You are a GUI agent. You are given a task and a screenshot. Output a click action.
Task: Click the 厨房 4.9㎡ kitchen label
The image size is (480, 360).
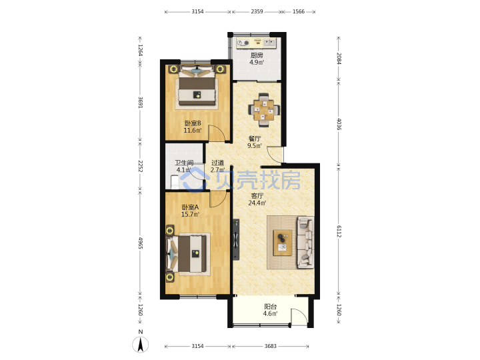[x=257, y=59]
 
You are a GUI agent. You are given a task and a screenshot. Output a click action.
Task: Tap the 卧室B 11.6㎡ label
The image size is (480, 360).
[x=193, y=127]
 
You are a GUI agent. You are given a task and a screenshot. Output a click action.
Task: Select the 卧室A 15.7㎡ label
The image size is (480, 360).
[x=190, y=211]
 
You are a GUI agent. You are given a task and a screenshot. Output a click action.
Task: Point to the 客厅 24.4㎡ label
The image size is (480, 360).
[x=257, y=199]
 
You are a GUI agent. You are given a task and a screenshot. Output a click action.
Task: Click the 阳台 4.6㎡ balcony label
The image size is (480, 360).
[x=270, y=310]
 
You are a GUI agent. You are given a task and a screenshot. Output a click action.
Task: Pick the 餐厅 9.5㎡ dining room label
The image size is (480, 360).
[x=255, y=142]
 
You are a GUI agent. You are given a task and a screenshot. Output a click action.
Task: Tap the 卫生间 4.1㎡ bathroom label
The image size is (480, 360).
[x=184, y=166]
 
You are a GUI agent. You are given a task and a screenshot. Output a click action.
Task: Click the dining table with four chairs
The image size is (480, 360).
[x=264, y=110]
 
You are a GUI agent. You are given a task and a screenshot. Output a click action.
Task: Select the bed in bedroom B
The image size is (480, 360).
[x=197, y=87]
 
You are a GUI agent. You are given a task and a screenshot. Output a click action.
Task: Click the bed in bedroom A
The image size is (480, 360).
[x=187, y=253]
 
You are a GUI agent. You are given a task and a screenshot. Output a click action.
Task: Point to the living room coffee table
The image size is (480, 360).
[x=283, y=243]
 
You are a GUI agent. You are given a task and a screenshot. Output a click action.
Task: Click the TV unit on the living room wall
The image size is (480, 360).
[x=236, y=239]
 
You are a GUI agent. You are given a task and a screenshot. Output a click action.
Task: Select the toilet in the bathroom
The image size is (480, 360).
[x=174, y=182]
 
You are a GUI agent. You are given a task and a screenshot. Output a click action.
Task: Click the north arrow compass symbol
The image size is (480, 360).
[x=141, y=344]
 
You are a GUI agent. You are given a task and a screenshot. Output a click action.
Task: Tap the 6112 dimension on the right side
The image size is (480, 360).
[x=339, y=231]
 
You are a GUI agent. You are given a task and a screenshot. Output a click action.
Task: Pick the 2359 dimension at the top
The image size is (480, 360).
[x=257, y=11]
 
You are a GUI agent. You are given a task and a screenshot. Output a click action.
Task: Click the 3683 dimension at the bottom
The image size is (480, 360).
[x=270, y=346]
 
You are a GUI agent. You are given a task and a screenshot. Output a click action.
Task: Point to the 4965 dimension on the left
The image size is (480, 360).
[x=140, y=243]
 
